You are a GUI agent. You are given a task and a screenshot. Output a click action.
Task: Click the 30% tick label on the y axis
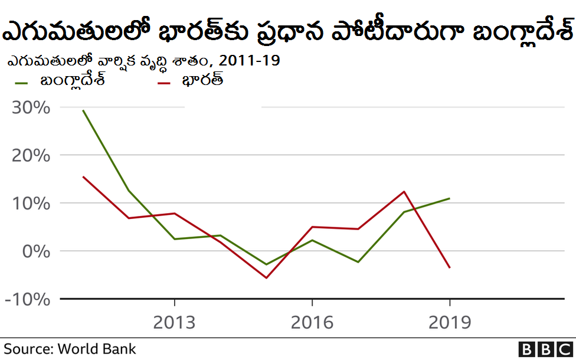29,108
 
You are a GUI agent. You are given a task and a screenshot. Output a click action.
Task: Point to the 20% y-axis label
29,156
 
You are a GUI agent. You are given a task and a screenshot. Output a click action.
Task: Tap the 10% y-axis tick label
29,204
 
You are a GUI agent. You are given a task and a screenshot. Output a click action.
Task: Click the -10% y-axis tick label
27,299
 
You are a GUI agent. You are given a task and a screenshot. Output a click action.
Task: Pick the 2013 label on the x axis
174,322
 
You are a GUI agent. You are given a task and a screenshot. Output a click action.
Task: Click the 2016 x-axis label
312,322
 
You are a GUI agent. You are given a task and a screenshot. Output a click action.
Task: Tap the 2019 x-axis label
450,322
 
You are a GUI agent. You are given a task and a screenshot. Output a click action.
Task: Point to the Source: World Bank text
70,349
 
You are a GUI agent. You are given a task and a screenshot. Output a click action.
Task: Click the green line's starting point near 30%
83,110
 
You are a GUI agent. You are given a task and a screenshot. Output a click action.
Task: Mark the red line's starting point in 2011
83,176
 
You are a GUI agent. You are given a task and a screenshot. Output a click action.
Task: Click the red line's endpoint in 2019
450,268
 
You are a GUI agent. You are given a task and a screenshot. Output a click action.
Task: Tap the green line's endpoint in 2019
450,198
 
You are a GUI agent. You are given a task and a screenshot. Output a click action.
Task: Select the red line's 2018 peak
404,191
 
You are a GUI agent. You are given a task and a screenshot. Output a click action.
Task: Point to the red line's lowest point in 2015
266,278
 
